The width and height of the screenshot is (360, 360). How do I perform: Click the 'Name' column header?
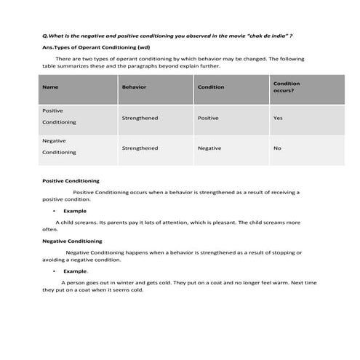tap(50, 87)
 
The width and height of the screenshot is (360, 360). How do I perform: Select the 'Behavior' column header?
tap(134, 87)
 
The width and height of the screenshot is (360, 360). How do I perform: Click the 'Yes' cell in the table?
tap(278, 118)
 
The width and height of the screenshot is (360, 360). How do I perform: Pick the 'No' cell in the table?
tap(277, 148)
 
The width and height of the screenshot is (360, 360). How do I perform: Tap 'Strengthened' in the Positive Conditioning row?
tap(140, 118)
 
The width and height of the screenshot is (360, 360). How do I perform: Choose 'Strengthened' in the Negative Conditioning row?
tap(140, 148)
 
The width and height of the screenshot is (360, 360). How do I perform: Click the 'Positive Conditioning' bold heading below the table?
tap(71, 180)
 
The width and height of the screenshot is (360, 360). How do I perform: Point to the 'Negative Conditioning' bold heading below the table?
tap(72, 240)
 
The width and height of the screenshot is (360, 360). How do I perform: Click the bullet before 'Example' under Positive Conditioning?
tap(54, 210)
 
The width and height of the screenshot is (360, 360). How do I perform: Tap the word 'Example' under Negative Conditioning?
tap(74, 270)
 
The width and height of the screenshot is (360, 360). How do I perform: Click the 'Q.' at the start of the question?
tap(46, 35)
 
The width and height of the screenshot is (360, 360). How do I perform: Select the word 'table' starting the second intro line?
tap(49, 65)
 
